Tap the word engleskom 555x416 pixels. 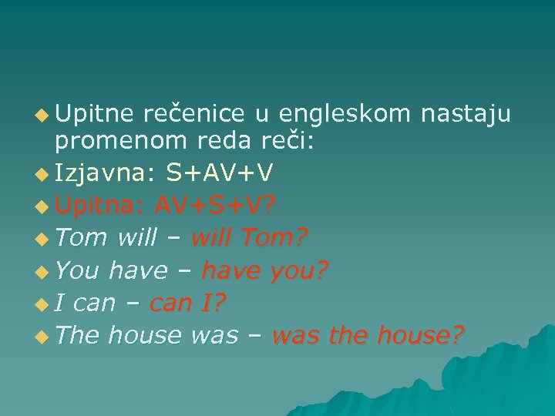(x=345, y=115)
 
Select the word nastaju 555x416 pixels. (x=466, y=115)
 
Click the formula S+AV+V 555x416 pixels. (x=220, y=173)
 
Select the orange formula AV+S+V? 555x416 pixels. (x=215, y=206)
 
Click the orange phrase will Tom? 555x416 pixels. (x=247, y=238)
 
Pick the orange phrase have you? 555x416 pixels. (x=264, y=270)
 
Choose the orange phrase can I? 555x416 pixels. (x=187, y=303)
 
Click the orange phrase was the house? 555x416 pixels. (x=368, y=335)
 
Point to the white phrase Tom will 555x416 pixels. (x=106, y=238)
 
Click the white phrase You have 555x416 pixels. (x=111, y=270)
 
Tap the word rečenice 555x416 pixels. (x=193, y=115)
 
